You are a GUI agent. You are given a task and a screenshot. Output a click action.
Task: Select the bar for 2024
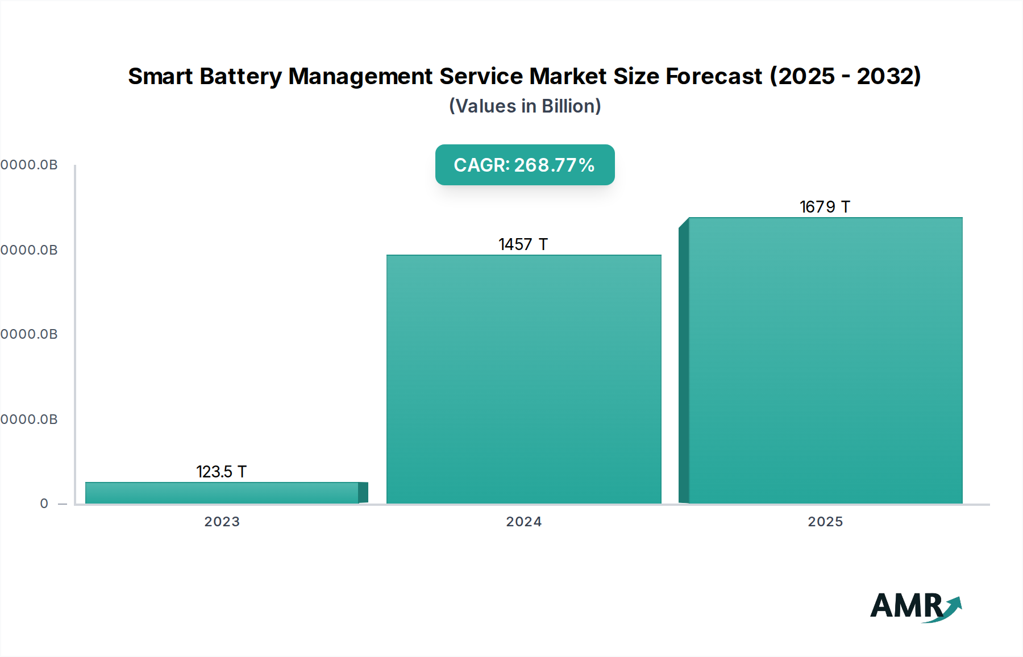[523, 379]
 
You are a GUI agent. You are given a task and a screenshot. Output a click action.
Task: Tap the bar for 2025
[825, 360]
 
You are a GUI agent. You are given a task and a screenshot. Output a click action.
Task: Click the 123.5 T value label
[221, 472]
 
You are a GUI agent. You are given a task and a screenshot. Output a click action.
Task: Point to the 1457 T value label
[523, 244]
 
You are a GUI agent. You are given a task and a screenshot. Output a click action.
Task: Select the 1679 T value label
[825, 207]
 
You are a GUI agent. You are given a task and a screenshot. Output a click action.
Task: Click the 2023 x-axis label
[222, 522]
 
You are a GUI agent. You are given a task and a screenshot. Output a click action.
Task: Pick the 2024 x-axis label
[523, 522]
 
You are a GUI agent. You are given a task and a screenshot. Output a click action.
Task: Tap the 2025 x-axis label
[825, 522]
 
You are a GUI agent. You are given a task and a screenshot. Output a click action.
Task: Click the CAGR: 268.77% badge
[525, 165]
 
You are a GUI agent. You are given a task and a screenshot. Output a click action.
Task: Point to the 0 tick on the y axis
[44, 504]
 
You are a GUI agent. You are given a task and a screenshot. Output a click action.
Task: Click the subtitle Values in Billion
[525, 106]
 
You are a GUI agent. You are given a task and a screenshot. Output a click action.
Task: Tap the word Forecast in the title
[713, 76]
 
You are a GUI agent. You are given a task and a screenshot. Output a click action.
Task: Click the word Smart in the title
[161, 76]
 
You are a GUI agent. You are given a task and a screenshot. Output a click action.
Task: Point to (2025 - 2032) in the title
[845, 76]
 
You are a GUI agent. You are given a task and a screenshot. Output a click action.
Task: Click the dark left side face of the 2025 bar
[684, 364]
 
